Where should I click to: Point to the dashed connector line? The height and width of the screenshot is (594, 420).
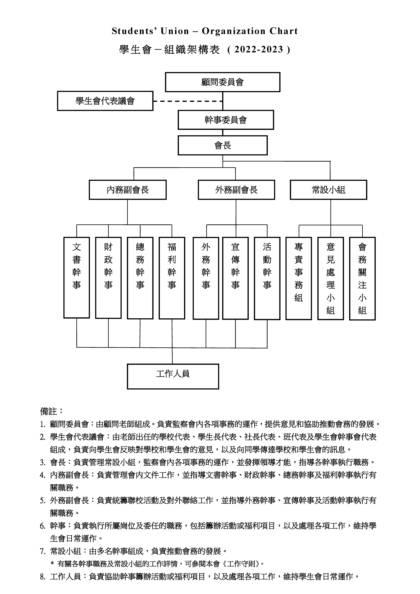pyautogui.click(x=188, y=101)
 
